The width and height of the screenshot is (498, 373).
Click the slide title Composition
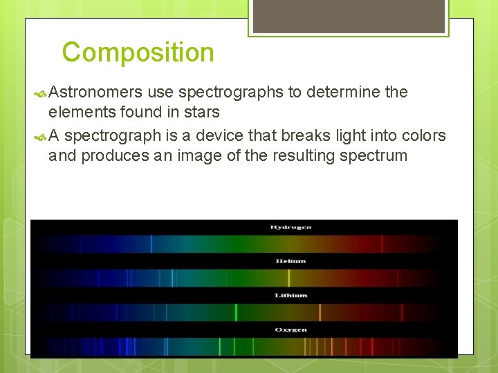click(x=138, y=52)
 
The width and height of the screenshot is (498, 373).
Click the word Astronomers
click(x=95, y=92)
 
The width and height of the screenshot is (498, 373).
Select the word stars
click(x=202, y=112)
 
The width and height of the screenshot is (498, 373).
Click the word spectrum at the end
click(x=373, y=155)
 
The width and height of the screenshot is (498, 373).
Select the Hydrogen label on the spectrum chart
click(x=290, y=227)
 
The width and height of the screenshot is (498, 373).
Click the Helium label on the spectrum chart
click(x=290, y=261)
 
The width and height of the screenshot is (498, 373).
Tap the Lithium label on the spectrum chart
click(x=290, y=295)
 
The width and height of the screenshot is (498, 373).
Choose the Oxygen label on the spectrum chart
click(x=290, y=329)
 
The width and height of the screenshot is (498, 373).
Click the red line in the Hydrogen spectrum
click(x=380, y=244)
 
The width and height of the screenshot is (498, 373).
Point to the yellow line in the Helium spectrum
click(x=288, y=278)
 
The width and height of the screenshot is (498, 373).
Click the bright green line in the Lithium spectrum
click(x=236, y=312)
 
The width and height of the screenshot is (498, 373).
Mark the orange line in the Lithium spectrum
click(x=320, y=312)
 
